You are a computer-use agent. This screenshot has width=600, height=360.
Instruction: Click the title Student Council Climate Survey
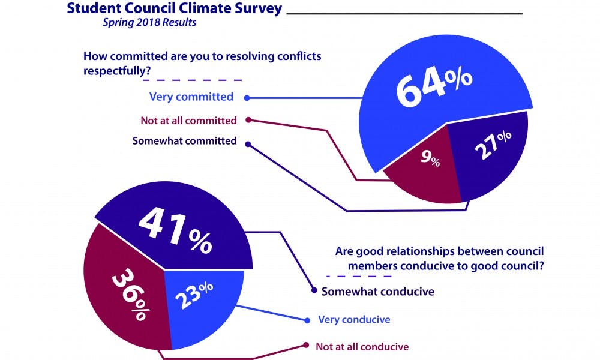point(175,9)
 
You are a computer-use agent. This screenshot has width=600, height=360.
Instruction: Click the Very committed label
point(191,97)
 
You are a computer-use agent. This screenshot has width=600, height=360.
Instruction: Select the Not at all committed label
point(188,121)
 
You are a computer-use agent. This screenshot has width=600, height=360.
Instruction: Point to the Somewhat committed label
point(184,142)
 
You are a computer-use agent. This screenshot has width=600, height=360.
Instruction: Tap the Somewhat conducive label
point(377,292)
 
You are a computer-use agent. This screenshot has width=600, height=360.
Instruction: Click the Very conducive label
point(354,319)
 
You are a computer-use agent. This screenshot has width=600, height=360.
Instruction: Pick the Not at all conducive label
point(362,346)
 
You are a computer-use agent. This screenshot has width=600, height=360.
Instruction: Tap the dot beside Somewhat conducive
point(314,291)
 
